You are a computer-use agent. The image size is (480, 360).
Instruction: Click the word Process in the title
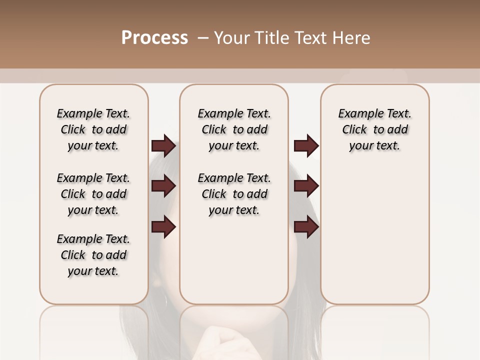click(x=154, y=38)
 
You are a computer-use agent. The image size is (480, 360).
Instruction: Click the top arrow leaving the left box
click(x=163, y=145)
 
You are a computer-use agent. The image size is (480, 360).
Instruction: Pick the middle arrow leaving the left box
click(x=163, y=186)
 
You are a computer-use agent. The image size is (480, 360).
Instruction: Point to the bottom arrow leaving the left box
click(x=163, y=227)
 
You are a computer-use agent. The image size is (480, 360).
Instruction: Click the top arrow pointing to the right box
click(x=306, y=145)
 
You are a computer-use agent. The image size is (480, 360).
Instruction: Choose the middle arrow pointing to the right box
click(x=306, y=186)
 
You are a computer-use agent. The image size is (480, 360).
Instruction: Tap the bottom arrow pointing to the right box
click(x=306, y=227)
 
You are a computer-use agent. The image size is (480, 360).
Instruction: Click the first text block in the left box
click(x=93, y=129)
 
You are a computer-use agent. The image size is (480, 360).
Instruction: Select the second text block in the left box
click(x=93, y=194)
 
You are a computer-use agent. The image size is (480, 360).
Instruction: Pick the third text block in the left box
click(x=93, y=255)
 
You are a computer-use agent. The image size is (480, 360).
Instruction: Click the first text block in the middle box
click(x=234, y=129)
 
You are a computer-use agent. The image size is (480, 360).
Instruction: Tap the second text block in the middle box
click(x=234, y=194)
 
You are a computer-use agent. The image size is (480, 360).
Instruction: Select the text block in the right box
click(x=375, y=129)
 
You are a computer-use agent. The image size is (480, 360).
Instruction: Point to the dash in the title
click(x=203, y=38)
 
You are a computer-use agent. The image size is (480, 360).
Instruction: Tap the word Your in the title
click(x=232, y=38)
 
